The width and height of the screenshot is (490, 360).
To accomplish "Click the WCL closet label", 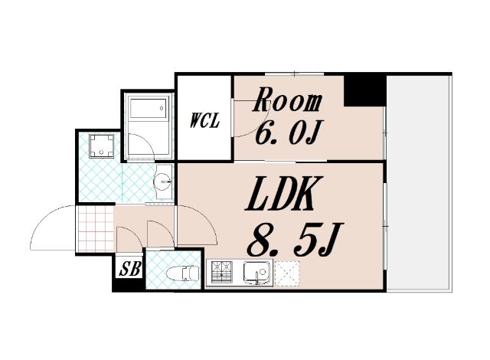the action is (x=204, y=120).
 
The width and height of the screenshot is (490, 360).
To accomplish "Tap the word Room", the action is (x=287, y=100).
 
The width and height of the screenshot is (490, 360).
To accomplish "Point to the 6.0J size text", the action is (x=287, y=133).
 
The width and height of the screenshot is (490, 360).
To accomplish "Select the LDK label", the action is (x=279, y=194).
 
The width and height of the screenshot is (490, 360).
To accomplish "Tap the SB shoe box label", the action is (x=130, y=268).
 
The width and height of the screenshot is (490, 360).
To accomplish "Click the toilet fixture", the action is (x=183, y=273).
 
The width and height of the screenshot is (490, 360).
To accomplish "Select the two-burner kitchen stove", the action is (x=222, y=270).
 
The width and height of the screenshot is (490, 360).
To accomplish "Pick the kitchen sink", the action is (x=257, y=273).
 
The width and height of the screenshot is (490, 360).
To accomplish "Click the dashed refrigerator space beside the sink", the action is (x=287, y=273).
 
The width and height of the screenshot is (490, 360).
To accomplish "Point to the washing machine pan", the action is (x=101, y=146).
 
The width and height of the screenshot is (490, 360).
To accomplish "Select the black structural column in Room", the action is (x=364, y=90).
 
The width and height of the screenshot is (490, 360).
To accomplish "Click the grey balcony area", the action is (x=419, y=183).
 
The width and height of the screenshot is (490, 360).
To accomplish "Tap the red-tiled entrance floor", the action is (x=95, y=228).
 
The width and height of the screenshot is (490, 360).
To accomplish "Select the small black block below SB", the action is (x=129, y=285).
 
